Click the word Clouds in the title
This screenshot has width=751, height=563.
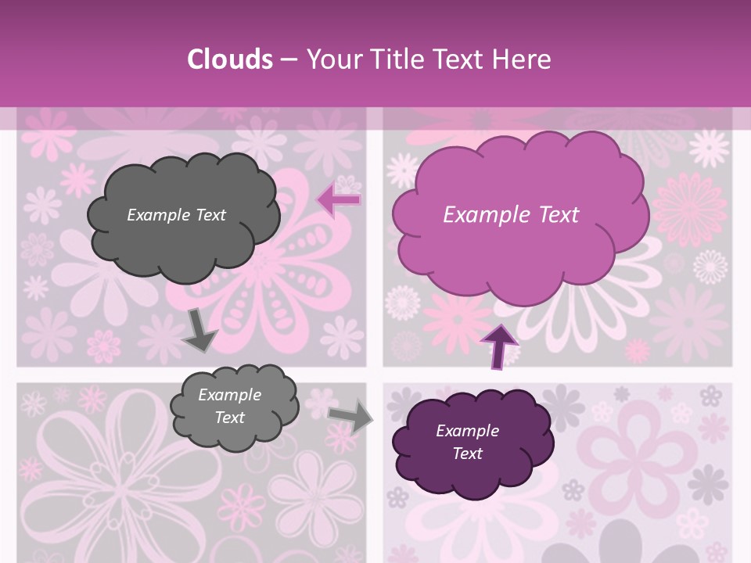tap(229, 59)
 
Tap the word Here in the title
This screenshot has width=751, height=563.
tap(523, 59)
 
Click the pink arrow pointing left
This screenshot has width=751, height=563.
tap(339, 201)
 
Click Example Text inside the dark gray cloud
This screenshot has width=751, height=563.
tap(176, 215)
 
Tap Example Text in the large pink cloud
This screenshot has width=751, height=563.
tap(511, 215)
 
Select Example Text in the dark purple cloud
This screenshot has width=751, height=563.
tap(467, 442)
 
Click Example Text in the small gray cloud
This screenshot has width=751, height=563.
tap(230, 406)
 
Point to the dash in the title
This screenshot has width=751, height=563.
tap(288, 59)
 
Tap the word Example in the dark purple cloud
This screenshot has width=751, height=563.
tap(467, 431)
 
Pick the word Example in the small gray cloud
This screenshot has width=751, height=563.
tap(230, 395)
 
